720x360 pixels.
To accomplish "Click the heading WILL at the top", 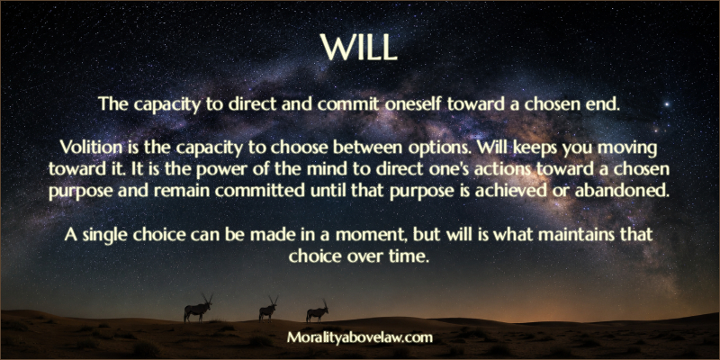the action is pyautogui.click(x=358, y=47).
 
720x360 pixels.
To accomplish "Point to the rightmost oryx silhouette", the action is pyautogui.click(x=317, y=313).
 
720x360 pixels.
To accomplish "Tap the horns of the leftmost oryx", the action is pyautogui.click(x=208, y=297).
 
